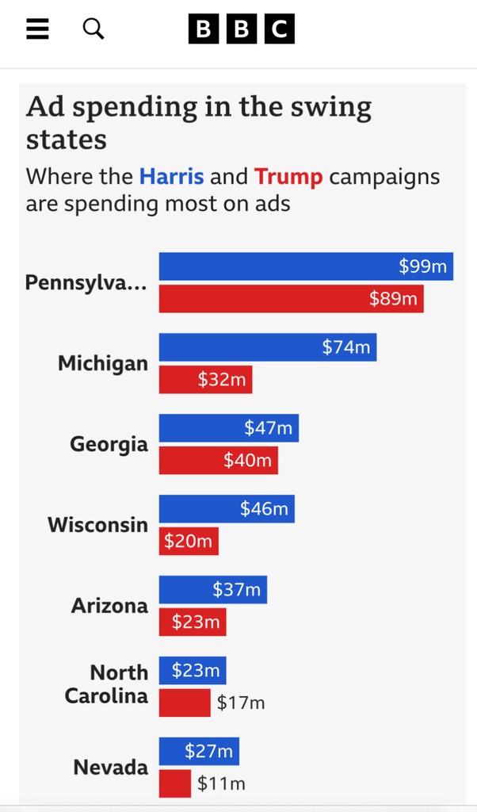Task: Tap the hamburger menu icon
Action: click(37, 29)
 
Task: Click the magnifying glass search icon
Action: click(93, 29)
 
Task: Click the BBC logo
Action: click(241, 30)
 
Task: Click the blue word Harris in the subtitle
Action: click(171, 176)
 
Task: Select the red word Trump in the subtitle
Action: click(288, 176)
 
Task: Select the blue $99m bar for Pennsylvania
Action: click(306, 266)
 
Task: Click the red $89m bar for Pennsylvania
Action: click(291, 299)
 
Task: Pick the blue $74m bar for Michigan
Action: click(268, 347)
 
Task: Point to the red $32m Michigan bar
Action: click(205, 380)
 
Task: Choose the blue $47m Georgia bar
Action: click(228, 428)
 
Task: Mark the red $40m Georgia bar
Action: click(218, 460)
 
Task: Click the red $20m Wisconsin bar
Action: click(189, 542)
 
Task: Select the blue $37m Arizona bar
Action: click(212, 590)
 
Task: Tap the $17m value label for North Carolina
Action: click(240, 703)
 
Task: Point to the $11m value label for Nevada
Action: click(221, 784)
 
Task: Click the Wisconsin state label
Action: click(97, 525)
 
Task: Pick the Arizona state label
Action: click(109, 606)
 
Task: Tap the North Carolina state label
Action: click(107, 684)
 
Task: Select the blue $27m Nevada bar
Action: click(199, 751)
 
